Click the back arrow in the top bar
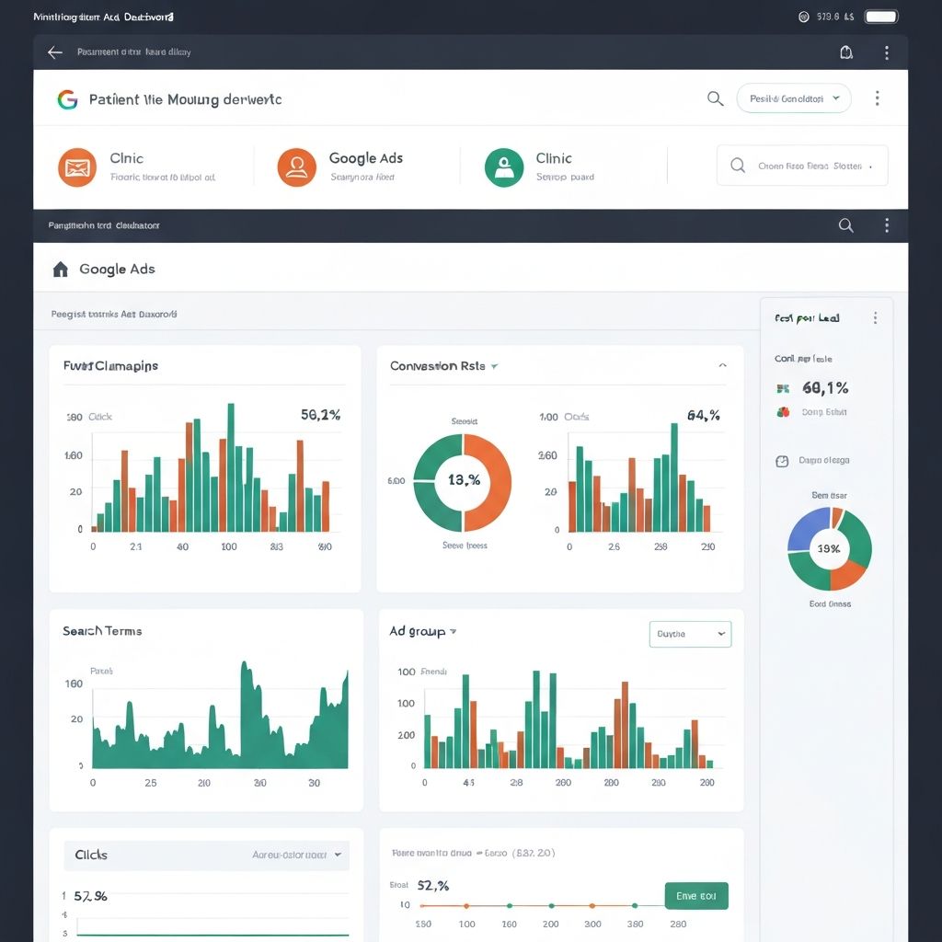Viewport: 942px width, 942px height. (55, 52)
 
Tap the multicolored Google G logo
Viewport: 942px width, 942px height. (67, 99)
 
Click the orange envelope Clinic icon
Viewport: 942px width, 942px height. (77, 167)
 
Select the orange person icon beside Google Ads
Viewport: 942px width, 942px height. (296, 167)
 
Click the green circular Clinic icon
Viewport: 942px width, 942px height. (504, 167)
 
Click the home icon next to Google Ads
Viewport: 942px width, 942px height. (61, 270)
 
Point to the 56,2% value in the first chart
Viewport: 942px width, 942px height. (320, 415)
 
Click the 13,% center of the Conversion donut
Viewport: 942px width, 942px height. (464, 480)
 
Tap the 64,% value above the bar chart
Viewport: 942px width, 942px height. (703, 415)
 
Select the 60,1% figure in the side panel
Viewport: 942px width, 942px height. (825, 388)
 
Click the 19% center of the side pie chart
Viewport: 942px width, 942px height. (829, 548)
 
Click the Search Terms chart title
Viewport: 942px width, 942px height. (102, 631)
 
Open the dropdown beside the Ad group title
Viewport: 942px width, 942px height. (690, 634)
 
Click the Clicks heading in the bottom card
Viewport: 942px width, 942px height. (91, 855)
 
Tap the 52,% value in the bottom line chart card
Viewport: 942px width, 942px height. (433, 886)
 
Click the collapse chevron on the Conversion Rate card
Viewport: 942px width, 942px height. (722, 366)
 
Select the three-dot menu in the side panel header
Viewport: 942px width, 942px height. (875, 318)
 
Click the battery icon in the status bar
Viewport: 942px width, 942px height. (881, 17)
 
